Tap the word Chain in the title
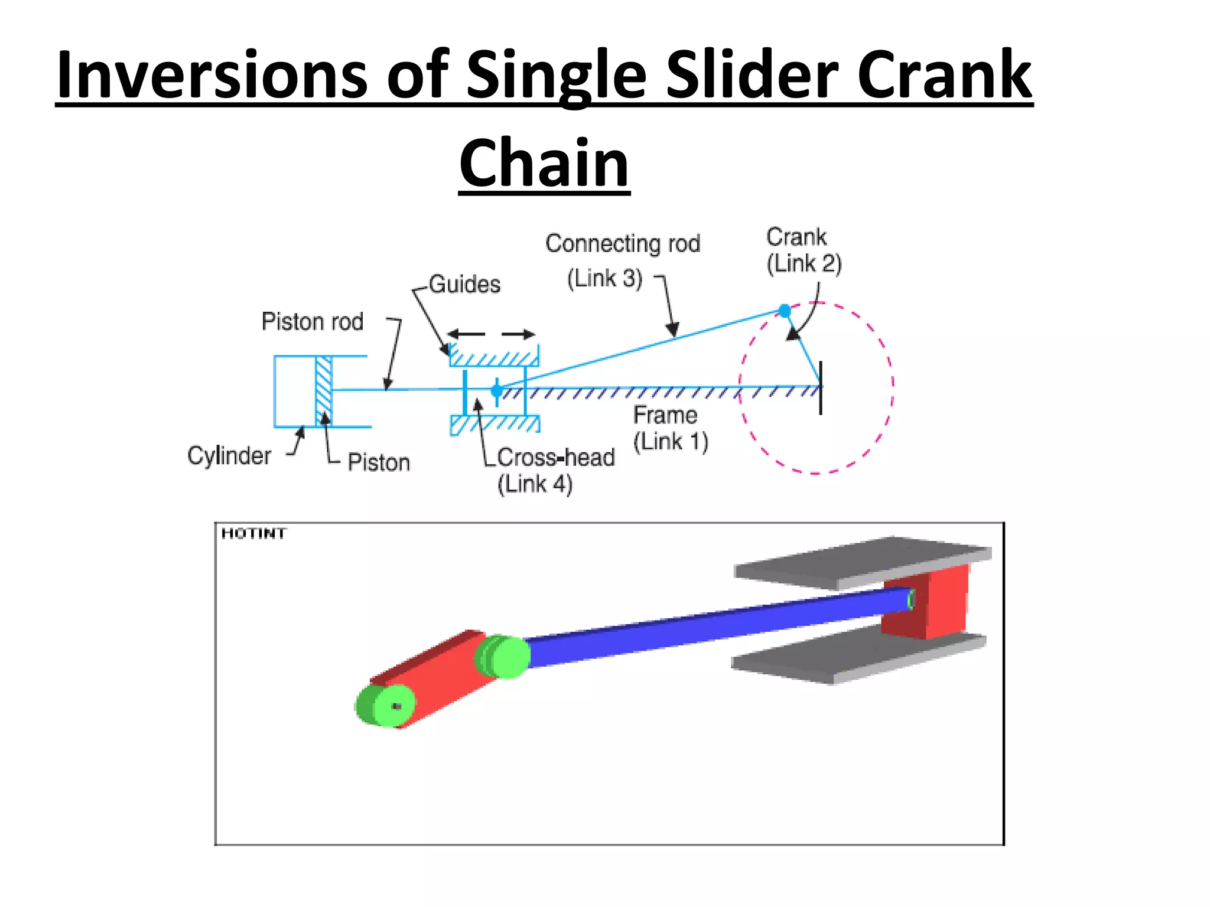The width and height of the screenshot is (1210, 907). pyautogui.click(x=544, y=162)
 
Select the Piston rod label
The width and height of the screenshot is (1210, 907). pyautogui.click(x=312, y=322)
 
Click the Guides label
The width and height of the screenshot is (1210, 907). pyautogui.click(x=464, y=284)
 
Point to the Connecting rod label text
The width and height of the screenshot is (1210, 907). pyautogui.click(x=623, y=243)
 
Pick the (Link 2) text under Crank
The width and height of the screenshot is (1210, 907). pyautogui.click(x=804, y=263)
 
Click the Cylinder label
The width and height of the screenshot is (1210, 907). pyautogui.click(x=229, y=455)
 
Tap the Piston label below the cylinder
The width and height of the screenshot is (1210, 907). pyautogui.click(x=379, y=462)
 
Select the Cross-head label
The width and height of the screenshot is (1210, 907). pyautogui.click(x=555, y=458)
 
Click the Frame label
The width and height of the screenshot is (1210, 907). pyautogui.click(x=665, y=415)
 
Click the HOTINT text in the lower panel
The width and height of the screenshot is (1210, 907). pyautogui.click(x=253, y=534)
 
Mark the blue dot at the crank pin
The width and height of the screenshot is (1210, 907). pyautogui.click(x=785, y=311)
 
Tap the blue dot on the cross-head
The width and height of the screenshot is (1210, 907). pyautogui.click(x=497, y=390)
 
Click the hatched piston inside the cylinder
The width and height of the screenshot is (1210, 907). pyautogui.click(x=324, y=390)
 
